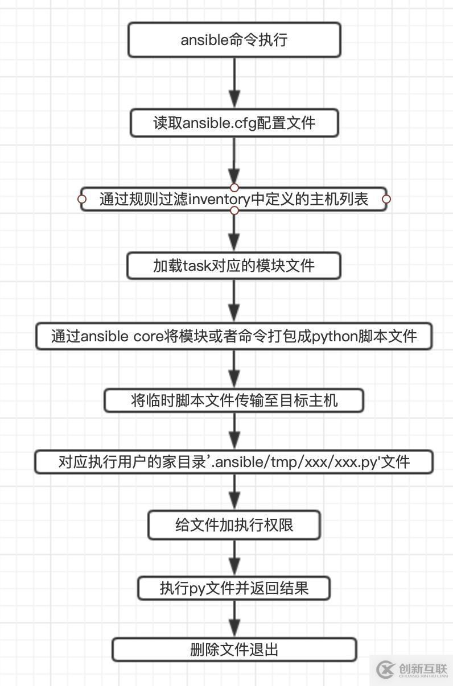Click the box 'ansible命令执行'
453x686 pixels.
point(234,40)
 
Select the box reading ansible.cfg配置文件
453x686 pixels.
point(234,123)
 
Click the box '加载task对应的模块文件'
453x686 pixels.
point(234,266)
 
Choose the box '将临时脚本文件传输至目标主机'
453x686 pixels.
point(234,400)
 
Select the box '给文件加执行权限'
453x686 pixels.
point(234,524)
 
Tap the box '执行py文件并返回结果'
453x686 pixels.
point(234,588)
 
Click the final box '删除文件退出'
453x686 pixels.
point(234,650)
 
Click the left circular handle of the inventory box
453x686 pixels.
point(82,199)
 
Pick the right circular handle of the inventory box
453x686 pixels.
point(386,199)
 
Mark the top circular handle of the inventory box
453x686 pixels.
point(234,188)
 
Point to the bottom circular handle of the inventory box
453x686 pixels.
point(234,210)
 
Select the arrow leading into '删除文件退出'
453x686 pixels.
point(234,619)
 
